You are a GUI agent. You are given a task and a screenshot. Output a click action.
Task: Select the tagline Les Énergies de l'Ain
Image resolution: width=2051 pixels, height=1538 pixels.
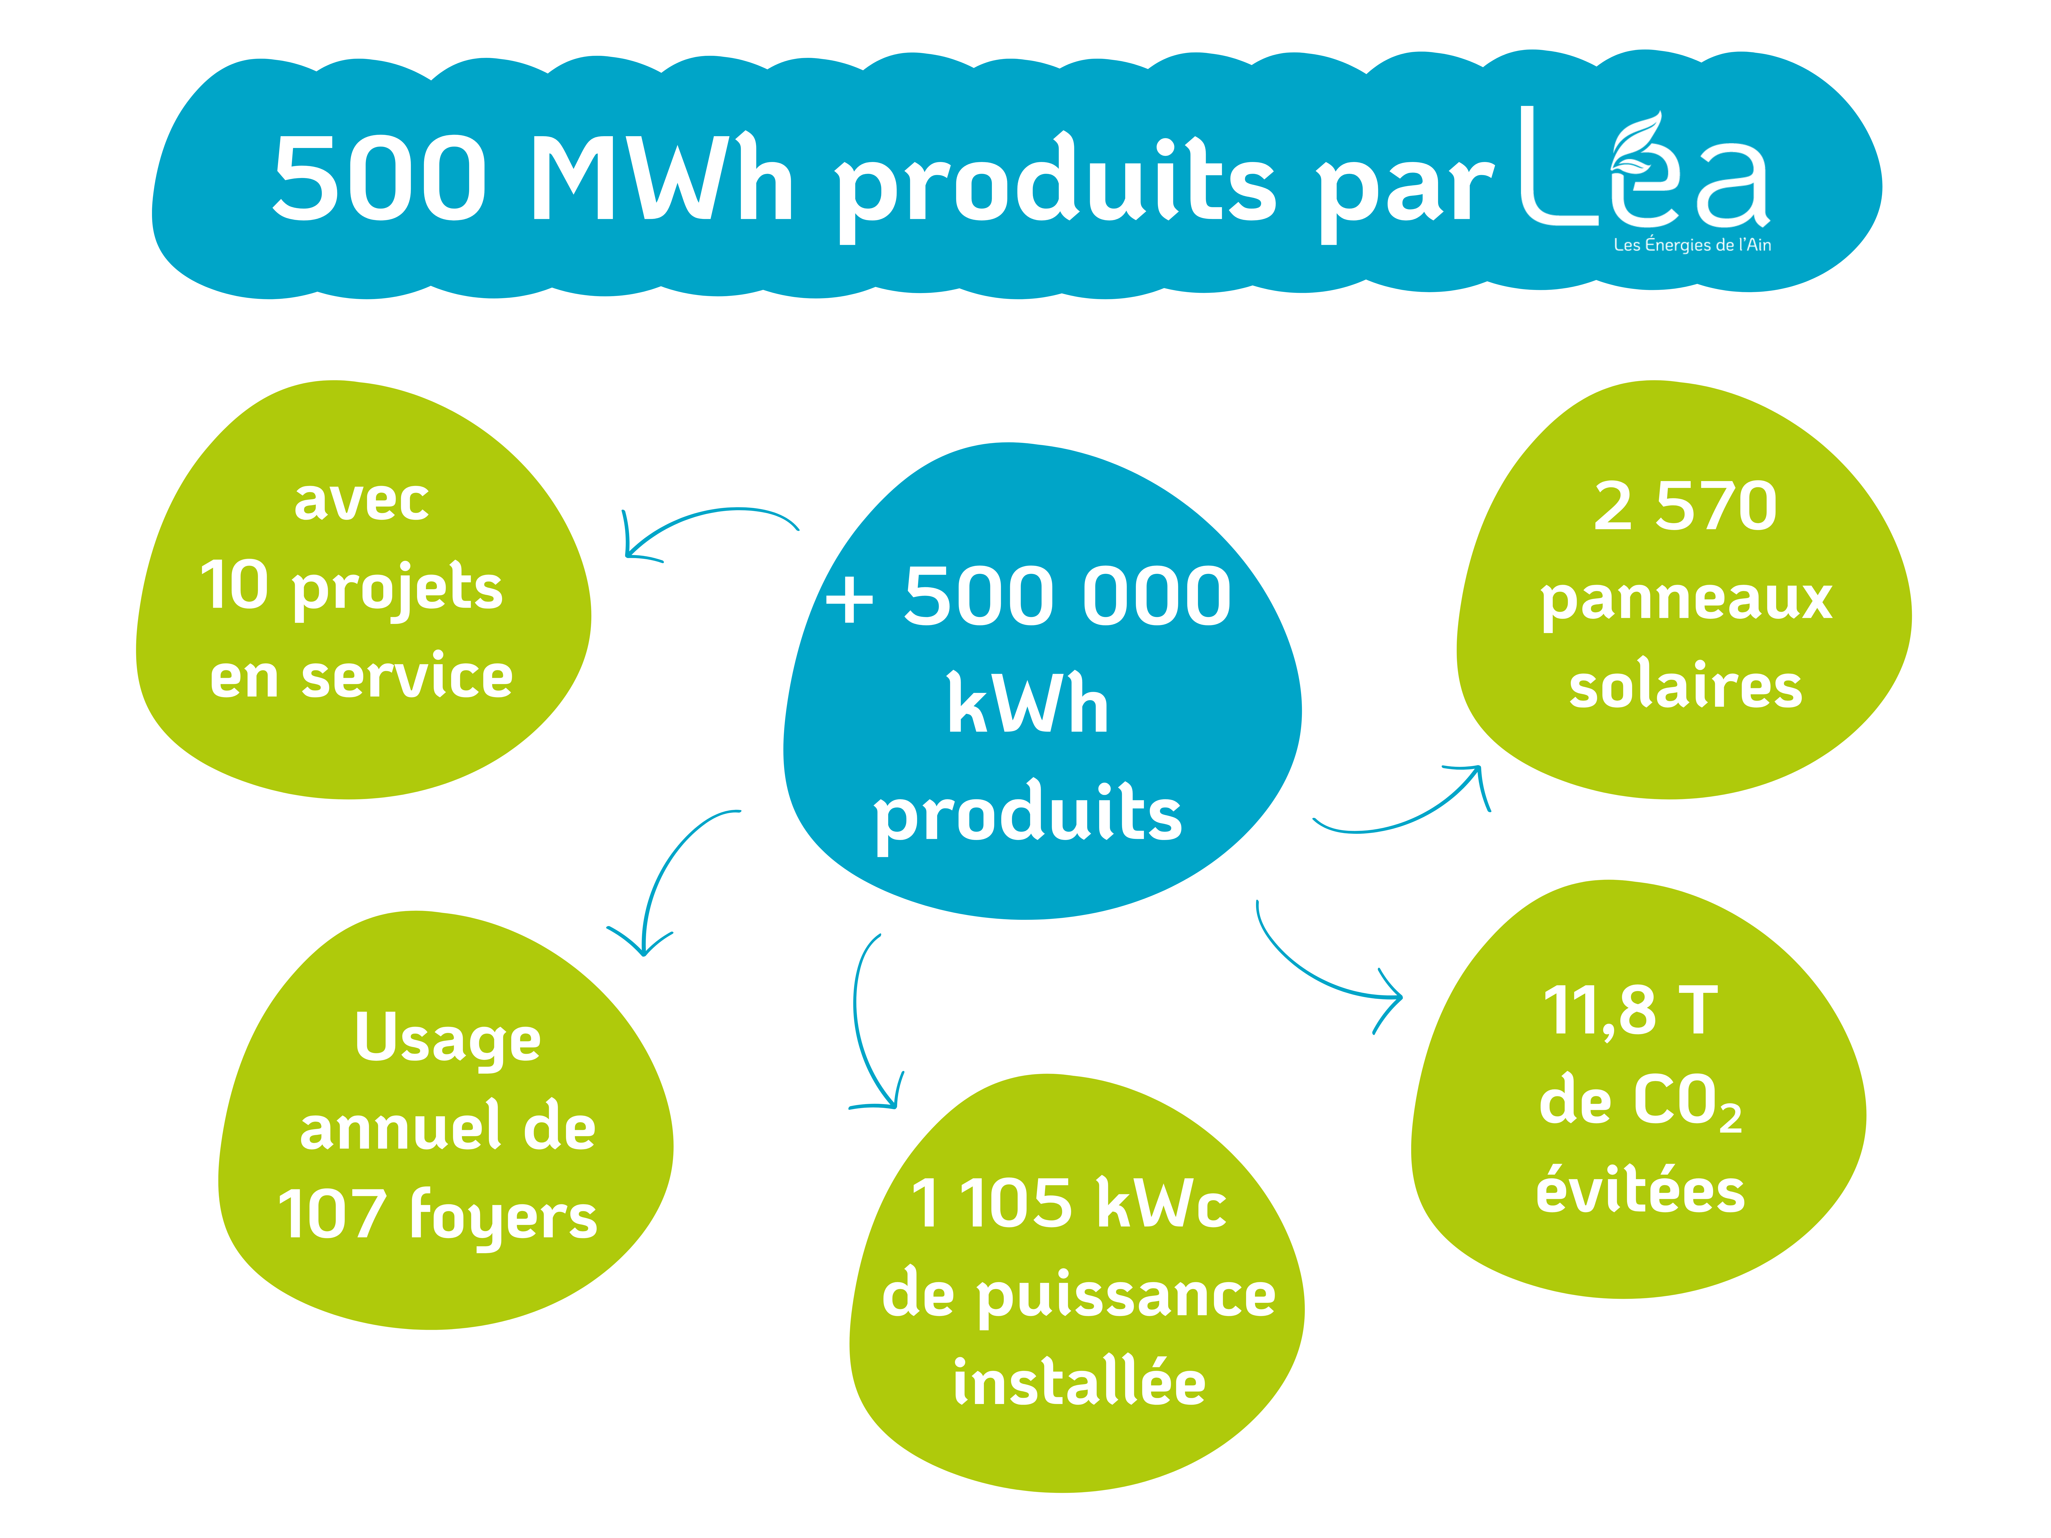tap(1692, 245)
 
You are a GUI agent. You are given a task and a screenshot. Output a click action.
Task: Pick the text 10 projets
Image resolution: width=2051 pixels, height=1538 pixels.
tap(351, 588)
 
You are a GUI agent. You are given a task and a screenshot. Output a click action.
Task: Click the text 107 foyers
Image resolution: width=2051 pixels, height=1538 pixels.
tap(438, 1216)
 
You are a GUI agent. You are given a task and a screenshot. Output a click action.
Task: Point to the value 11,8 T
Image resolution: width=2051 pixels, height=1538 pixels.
tap(1630, 1012)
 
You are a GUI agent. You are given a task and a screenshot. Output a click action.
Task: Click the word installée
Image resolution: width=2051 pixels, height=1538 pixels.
tap(1079, 1381)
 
